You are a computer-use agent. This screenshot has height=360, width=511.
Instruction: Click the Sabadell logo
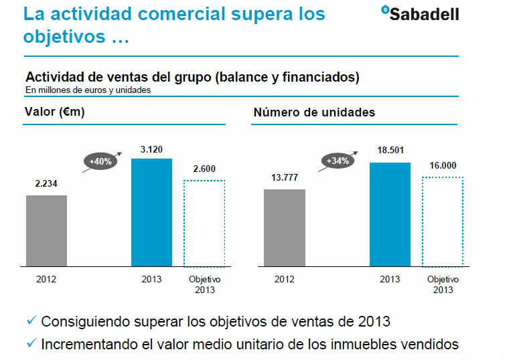(420, 13)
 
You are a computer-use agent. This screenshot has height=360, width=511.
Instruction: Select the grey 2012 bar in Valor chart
(46, 231)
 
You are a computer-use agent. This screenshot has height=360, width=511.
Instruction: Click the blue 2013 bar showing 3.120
(151, 213)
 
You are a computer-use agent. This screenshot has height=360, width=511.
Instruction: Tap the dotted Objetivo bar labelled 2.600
(204, 223)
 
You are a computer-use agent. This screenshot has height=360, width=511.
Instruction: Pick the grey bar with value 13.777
(285, 228)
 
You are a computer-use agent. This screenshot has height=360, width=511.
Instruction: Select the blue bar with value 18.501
(390, 215)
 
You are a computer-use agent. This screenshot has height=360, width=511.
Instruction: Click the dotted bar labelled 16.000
(443, 221)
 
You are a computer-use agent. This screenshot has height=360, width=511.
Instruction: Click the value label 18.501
(390, 151)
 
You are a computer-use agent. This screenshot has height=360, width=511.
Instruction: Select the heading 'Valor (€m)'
(54, 112)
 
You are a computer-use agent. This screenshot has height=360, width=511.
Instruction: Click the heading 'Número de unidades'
(314, 112)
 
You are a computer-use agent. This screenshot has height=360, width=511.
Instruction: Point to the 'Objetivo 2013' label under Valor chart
(204, 284)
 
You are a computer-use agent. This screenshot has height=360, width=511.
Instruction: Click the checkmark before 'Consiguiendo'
(31, 322)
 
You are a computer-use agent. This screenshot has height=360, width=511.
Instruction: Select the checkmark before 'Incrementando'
(31, 345)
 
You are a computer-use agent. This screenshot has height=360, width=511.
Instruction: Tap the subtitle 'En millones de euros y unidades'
(88, 90)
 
